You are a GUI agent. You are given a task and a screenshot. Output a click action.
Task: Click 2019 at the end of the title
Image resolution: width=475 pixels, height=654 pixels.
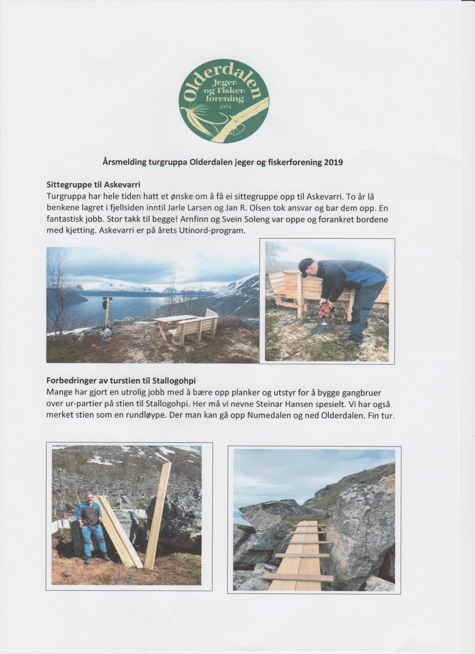tap(334, 163)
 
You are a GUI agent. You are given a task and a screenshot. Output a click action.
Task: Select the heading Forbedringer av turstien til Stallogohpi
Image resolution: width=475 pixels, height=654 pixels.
tap(121, 380)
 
